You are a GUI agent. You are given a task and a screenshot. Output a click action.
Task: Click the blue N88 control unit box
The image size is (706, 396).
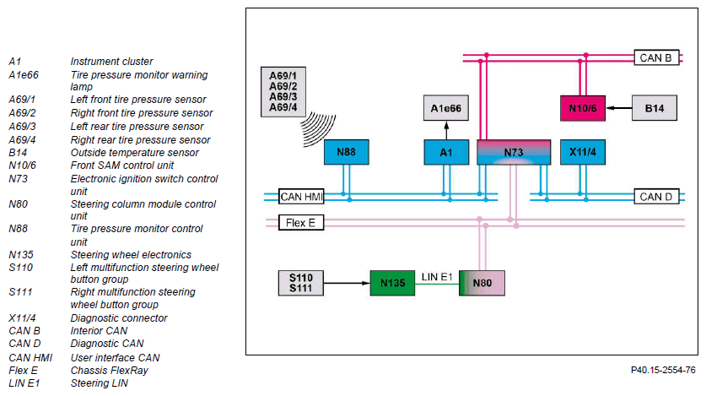[346, 152]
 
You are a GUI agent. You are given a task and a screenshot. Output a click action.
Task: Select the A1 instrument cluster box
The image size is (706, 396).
[446, 152]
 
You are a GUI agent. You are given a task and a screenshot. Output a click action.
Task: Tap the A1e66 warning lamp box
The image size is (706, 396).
[445, 108]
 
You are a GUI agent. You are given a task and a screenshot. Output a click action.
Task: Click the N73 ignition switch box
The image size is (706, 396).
[514, 152]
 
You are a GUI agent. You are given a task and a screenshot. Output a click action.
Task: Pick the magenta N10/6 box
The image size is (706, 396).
[583, 108]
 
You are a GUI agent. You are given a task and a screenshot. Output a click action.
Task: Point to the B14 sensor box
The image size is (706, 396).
[655, 108]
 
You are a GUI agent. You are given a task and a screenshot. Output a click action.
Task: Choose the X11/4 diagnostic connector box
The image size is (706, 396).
[583, 152]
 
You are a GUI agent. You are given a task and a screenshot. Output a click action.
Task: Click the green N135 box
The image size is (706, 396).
[392, 283]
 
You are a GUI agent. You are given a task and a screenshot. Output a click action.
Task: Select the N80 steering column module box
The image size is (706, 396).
[482, 283]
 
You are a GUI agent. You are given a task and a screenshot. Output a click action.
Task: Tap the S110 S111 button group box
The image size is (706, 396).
[301, 283]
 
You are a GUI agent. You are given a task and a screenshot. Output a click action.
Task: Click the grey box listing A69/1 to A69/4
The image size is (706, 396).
[283, 92]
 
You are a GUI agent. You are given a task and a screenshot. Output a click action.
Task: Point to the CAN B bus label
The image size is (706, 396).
[656, 57]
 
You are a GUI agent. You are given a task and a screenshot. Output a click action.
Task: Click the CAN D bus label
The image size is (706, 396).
[656, 197]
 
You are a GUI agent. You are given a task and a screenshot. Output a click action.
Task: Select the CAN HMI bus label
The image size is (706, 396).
[301, 197]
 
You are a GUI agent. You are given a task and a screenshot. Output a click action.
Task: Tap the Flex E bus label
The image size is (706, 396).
[301, 223]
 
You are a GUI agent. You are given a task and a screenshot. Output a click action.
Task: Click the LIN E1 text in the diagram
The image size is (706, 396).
[437, 277]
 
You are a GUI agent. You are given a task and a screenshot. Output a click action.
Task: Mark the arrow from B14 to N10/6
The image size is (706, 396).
[618, 108]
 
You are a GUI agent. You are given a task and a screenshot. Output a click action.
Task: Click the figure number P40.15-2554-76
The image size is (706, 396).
[663, 370]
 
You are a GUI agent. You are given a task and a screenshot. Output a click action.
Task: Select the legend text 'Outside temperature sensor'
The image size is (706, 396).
[134, 153]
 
